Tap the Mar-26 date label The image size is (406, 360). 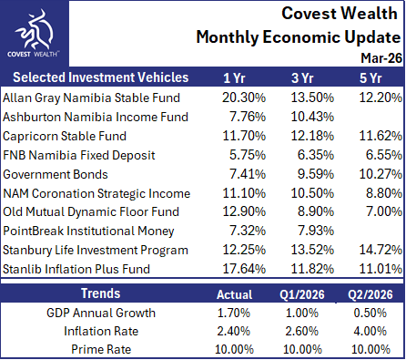pyautogui.click(x=381, y=57)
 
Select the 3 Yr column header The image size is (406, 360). pyautogui.click(x=302, y=77)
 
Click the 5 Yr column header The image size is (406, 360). pyautogui.click(x=370, y=77)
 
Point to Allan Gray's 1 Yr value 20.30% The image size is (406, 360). pyautogui.click(x=244, y=98)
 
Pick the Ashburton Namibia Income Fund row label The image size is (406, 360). pyautogui.click(x=96, y=117)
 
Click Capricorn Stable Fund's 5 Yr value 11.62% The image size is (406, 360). pyautogui.click(x=381, y=136)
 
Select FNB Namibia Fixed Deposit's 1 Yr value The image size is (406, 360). pyautogui.click(x=248, y=155)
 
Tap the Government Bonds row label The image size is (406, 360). pyautogui.click(x=56, y=174)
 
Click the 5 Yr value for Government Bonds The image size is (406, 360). pyautogui.click(x=381, y=174)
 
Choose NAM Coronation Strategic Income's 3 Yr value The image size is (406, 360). pyautogui.click(x=312, y=193)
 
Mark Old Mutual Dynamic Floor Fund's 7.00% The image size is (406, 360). pyautogui.click(x=384, y=211)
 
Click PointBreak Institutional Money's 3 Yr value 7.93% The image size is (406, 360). pyautogui.click(x=316, y=231)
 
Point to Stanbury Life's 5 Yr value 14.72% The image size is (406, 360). pyautogui.click(x=381, y=250)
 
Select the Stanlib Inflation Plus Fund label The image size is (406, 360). pyautogui.click(x=76, y=269)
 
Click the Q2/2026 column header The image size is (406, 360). pyautogui.click(x=370, y=294)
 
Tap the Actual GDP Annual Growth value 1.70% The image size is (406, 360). pyautogui.click(x=234, y=313)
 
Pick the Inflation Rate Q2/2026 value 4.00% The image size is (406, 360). pyautogui.click(x=370, y=331)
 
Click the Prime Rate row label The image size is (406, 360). pyautogui.click(x=101, y=349)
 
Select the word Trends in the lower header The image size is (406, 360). pyautogui.click(x=101, y=293)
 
